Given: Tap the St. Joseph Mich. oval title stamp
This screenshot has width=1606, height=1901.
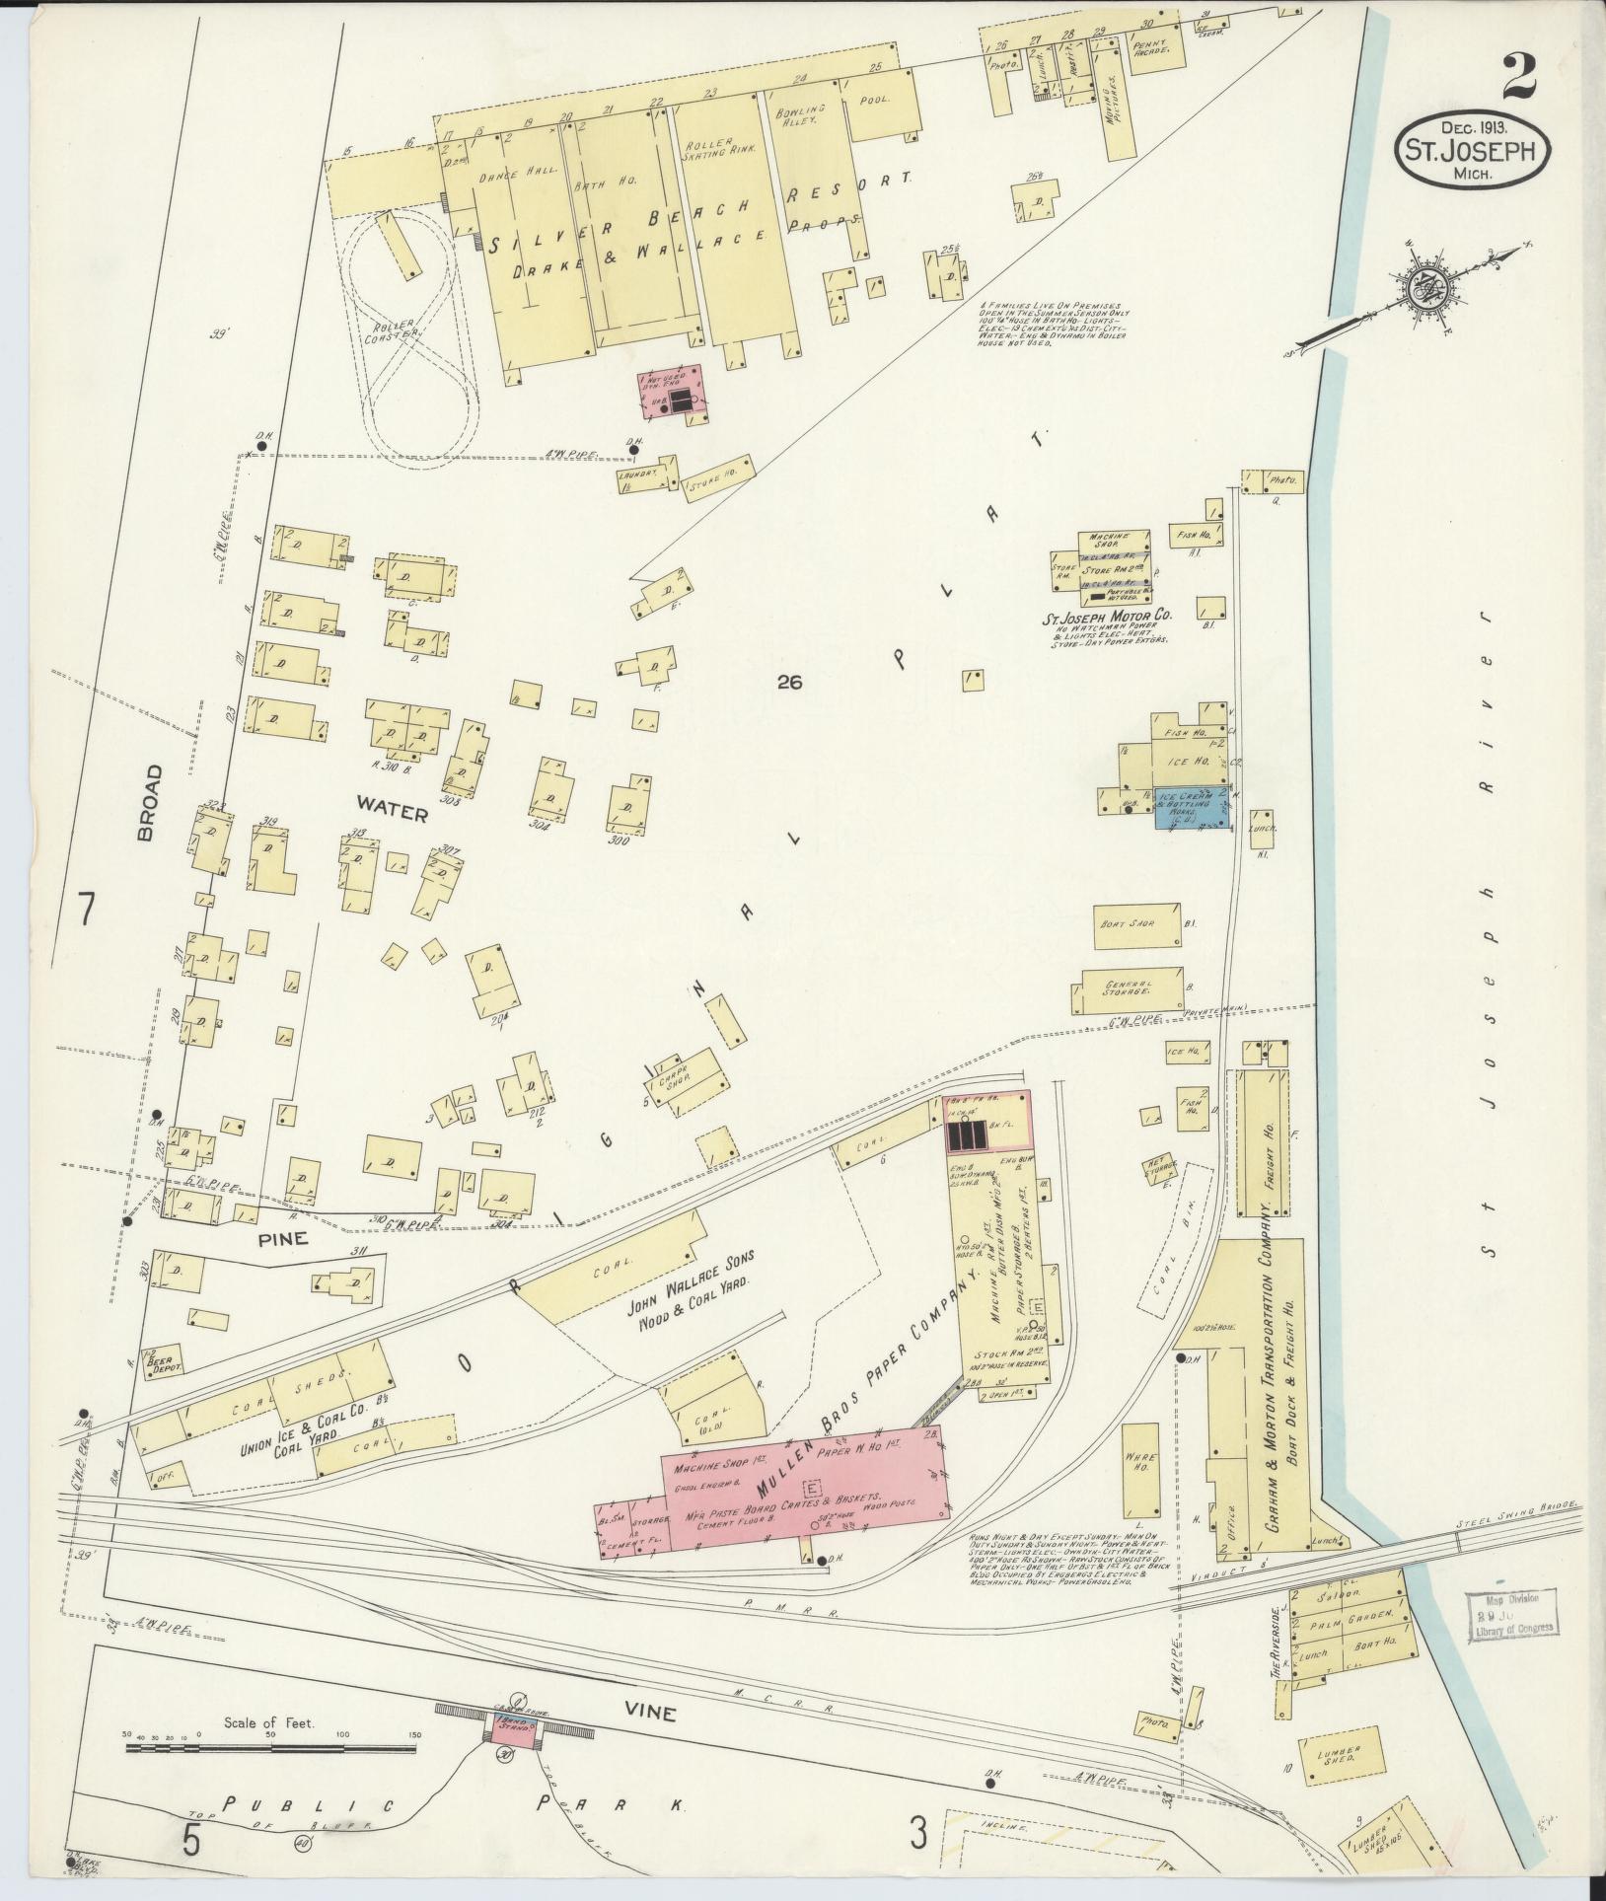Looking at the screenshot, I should [x=1471, y=149].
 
